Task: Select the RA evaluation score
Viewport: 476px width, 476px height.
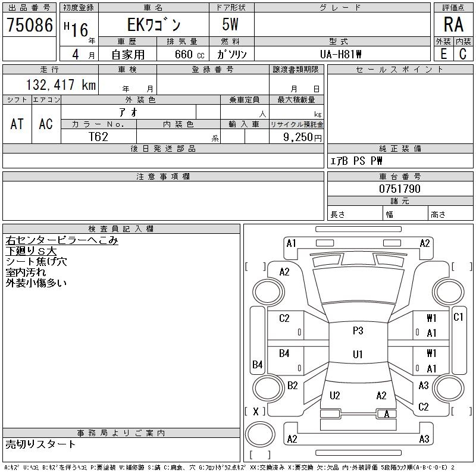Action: pos(453,25)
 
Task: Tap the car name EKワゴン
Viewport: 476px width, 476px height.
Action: pos(153,25)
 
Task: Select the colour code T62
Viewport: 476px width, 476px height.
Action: pos(99,136)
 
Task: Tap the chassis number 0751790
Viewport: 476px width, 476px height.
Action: pos(400,189)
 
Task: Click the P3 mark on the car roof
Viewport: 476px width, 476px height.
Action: pos(358,331)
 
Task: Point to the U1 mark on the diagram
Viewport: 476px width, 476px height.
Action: pos(358,355)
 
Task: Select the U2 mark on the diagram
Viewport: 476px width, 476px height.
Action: pos(334,395)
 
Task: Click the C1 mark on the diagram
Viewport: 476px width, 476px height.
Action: pos(458,317)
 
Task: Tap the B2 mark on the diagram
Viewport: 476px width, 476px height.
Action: pos(292,385)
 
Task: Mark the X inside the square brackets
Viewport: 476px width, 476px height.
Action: pos(256,411)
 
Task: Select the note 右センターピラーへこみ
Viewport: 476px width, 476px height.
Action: pos(62,240)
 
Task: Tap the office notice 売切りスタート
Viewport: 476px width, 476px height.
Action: pos(41,444)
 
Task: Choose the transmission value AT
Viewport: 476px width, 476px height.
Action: pos(17,124)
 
